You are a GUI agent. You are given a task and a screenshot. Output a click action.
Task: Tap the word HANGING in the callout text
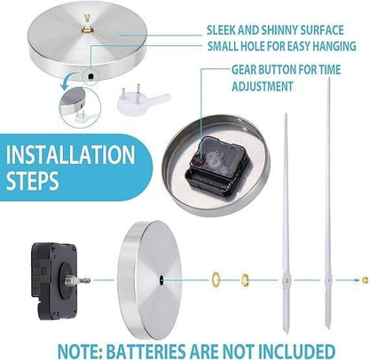(334, 46)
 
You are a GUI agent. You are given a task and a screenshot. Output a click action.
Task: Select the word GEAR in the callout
(244, 70)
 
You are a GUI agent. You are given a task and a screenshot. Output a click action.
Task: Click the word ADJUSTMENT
(263, 86)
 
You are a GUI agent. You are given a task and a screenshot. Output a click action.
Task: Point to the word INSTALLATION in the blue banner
(70, 154)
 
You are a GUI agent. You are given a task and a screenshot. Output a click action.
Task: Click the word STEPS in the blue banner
(33, 180)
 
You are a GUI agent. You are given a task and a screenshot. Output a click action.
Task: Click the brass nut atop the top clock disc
(87, 29)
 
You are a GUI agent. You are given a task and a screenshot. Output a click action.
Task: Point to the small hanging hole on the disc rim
(90, 76)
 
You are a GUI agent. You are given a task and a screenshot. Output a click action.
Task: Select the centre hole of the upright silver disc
(161, 279)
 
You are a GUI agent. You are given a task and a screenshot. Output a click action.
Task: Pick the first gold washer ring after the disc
(216, 278)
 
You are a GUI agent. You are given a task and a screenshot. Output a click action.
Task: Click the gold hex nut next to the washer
(245, 279)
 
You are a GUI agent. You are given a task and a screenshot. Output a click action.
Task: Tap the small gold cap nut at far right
(365, 279)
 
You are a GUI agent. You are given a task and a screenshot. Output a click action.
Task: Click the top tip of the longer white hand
(328, 78)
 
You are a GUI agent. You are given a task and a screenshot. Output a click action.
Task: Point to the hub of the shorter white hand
(287, 279)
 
